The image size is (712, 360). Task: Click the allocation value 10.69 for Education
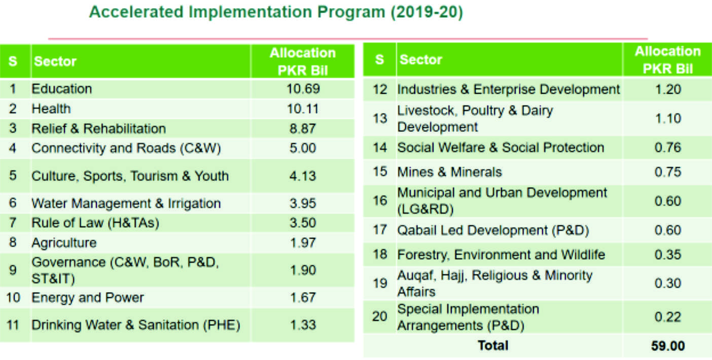point(303,89)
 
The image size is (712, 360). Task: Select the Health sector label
point(51,109)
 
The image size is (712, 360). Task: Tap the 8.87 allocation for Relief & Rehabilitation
point(303,128)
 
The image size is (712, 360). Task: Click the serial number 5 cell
point(13,175)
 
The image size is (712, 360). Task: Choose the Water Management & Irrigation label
point(126,203)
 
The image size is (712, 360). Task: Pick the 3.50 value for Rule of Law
point(303,223)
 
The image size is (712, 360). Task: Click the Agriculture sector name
point(64,243)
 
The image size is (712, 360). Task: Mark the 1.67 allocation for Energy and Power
point(303,297)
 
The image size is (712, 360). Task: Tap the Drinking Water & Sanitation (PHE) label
point(135,325)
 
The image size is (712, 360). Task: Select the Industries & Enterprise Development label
point(508,90)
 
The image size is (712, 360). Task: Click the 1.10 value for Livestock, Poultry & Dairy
point(667,118)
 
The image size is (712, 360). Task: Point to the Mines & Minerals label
point(449,172)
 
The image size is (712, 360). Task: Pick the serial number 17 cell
point(380,230)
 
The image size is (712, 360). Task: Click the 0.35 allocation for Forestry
point(667,254)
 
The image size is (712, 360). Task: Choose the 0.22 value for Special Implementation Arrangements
point(667,316)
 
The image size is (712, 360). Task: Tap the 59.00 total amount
point(667,346)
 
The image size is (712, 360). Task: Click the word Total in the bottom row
point(492,346)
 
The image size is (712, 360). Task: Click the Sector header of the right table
point(421,60)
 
